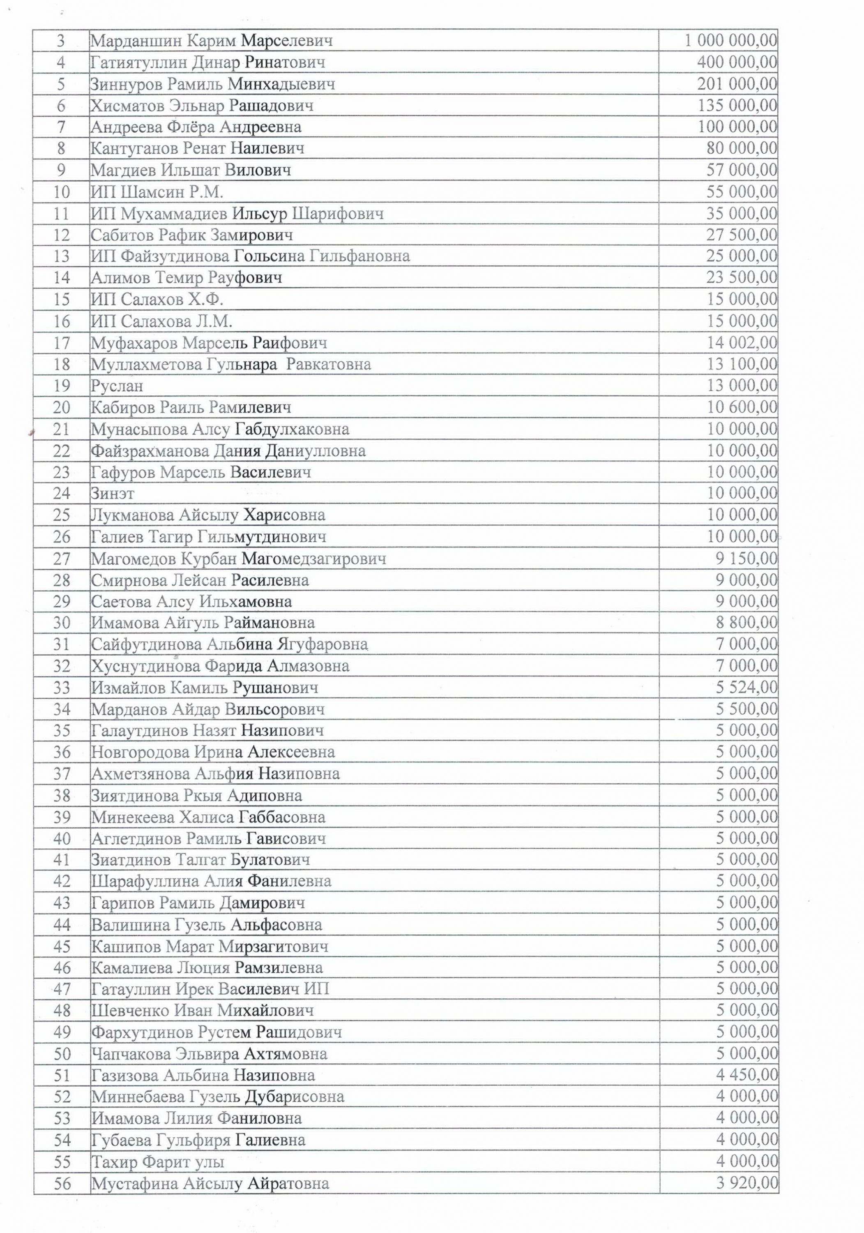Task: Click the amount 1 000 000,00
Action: click(x=730, y=40)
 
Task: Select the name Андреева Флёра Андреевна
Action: click(x=196, y=127)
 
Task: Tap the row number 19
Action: click(x=62, y=386)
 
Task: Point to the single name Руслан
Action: click(x=117, y=386)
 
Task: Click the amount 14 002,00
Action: click(x=742, y=343)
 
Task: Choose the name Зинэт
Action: click(x=112, y=493)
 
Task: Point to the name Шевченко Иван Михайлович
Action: click(x=202, y=1010)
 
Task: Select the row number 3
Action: click(x=61, y=40)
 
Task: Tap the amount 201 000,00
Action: click(x=737, y=84)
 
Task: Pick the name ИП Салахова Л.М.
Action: click(x=161, y=321)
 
